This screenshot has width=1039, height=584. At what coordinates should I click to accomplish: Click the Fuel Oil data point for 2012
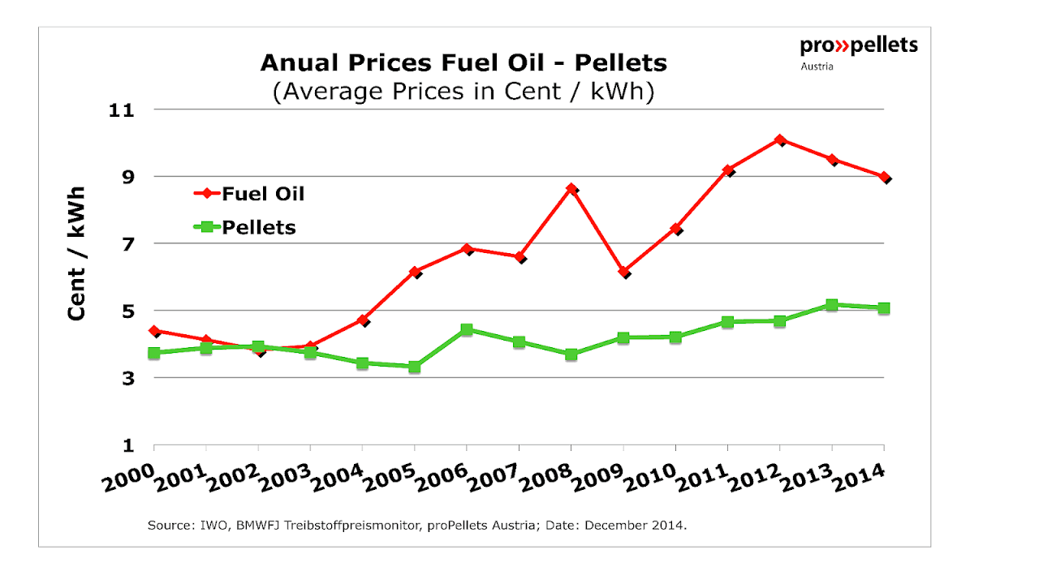[780, 140]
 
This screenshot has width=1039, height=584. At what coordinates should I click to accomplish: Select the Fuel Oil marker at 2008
[571, 189]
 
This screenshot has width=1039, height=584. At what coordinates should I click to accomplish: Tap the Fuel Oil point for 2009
[623, 272]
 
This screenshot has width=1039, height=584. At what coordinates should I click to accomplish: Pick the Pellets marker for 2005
[415, 367]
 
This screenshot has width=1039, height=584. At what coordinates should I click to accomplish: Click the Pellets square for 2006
[467, 329]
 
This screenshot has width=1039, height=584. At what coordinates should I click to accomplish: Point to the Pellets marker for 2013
[831, 305]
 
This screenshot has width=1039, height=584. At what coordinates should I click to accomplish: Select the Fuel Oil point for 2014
[884, 177]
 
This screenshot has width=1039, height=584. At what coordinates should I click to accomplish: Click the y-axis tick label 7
[128, 243]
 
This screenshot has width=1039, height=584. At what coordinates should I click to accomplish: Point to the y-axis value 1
[128, 445]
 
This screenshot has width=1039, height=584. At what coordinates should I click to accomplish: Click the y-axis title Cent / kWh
[77, 255]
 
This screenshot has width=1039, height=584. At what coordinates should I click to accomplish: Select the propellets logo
[859, 45]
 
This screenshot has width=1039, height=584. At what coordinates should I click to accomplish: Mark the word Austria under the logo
[817, 67]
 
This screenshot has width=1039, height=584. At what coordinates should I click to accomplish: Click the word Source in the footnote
[167, 526]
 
